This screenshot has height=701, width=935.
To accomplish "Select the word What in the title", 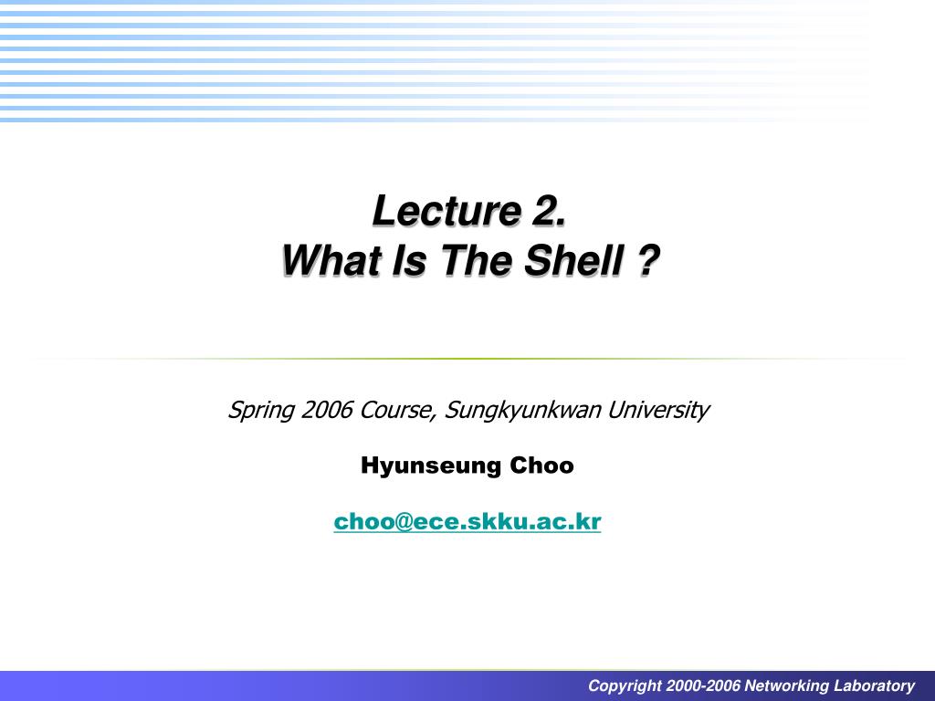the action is tap(331, 260).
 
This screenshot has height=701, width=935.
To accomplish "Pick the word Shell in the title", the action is tap(574, 260).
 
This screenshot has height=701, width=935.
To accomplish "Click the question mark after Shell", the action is tap(648, 260).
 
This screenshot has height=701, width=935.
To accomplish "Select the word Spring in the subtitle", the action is tap(261, 411).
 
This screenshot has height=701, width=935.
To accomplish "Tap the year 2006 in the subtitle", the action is tap(327, 410).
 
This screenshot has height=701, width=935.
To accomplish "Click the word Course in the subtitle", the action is tap(397, 411).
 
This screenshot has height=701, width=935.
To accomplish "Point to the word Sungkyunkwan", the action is tap(522, 411).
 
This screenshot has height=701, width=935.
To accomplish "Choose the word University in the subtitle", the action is tap(658, 411).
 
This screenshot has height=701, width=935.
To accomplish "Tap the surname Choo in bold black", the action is tap(541, 465).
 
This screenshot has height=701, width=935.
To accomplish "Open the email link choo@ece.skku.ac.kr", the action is tap(467, 521).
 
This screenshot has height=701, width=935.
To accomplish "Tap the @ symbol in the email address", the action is tap(402, 521).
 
